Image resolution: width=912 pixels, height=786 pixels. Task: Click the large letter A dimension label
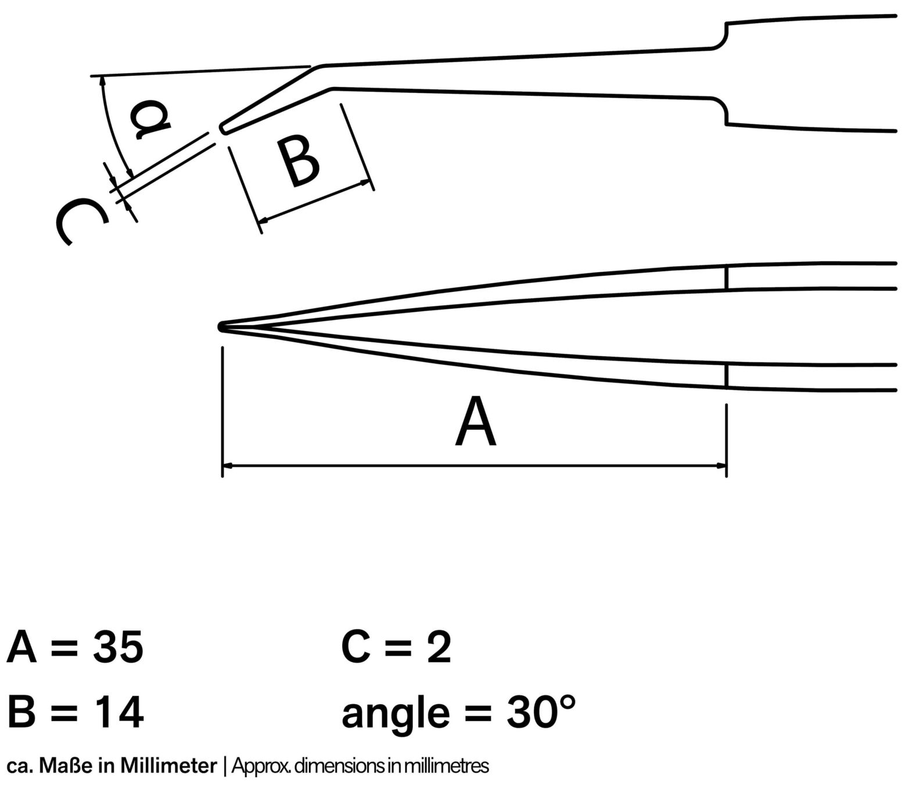pyautogui.click(x=475, y=421)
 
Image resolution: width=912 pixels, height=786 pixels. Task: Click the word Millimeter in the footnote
pyautogui.click(x=168, y=766)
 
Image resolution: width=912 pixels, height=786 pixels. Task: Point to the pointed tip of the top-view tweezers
pyautogui.click(x=220, y=327)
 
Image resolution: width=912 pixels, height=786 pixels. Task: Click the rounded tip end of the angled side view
pyautogui.click(x=222, y=128)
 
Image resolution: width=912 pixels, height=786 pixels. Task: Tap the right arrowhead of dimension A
pyautogui.click(x=721, y=465)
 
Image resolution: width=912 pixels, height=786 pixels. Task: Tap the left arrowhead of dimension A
pyautogui.click(x=228, y=465)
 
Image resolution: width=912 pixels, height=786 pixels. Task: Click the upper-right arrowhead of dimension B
pyautogui.click(x=365, y=182)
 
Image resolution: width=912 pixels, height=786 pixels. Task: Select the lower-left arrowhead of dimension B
pyautogui.click(x=263, y=219)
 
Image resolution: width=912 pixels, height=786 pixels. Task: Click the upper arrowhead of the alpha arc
pyautogui.click(x=103, y=81)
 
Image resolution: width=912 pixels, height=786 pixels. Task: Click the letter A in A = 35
pyautogui.click(x=21, y=647)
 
